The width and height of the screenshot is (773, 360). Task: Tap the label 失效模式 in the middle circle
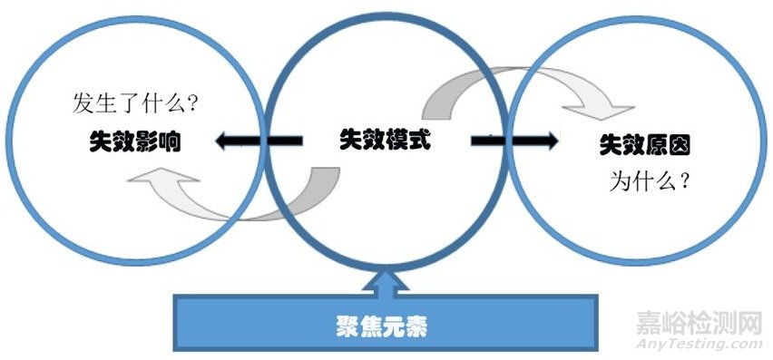pos(385,140)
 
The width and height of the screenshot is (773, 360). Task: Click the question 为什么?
pos(651,180)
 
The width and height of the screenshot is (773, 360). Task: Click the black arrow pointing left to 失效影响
pos(258,141)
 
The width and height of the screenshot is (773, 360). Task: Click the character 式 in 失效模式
pos(418,140)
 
